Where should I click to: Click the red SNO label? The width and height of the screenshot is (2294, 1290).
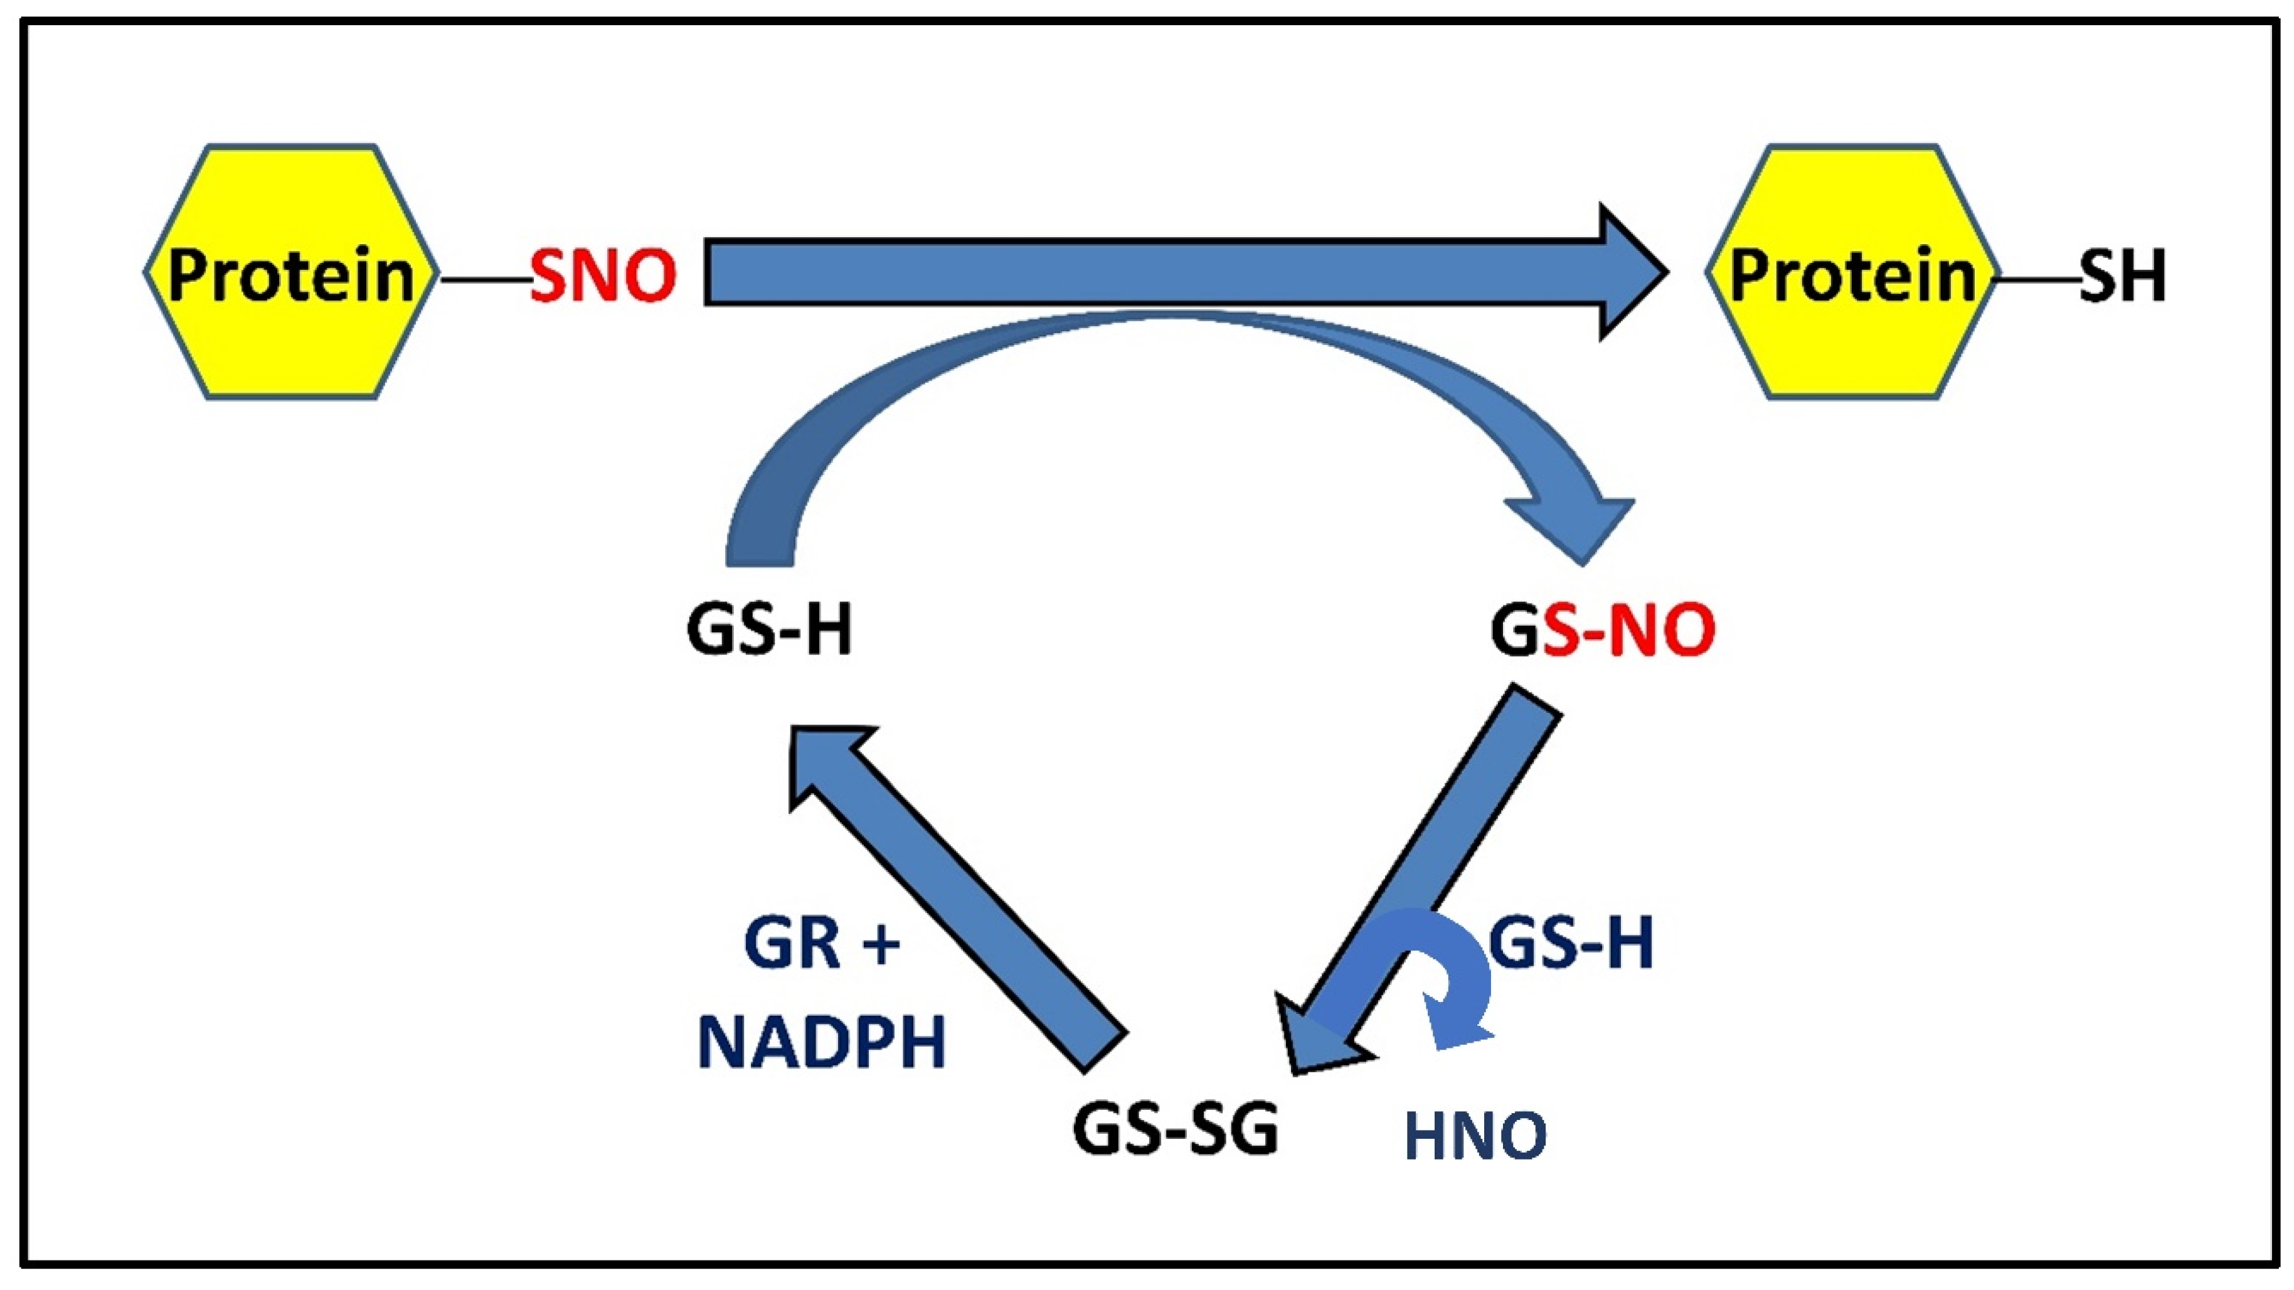tap(603, 275)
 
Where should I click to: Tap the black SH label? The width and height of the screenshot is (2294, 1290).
tap(2122, 275)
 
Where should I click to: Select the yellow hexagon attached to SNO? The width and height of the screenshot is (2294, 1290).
tap(291, 272)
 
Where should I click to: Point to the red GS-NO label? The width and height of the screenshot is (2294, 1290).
tap(1603, 630)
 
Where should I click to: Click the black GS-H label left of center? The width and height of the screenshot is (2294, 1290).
tap(770, 630)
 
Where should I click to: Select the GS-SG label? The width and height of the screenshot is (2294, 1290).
tap(1176, 1129)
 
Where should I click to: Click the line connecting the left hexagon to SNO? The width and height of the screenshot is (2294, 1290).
tap(486, 279)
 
